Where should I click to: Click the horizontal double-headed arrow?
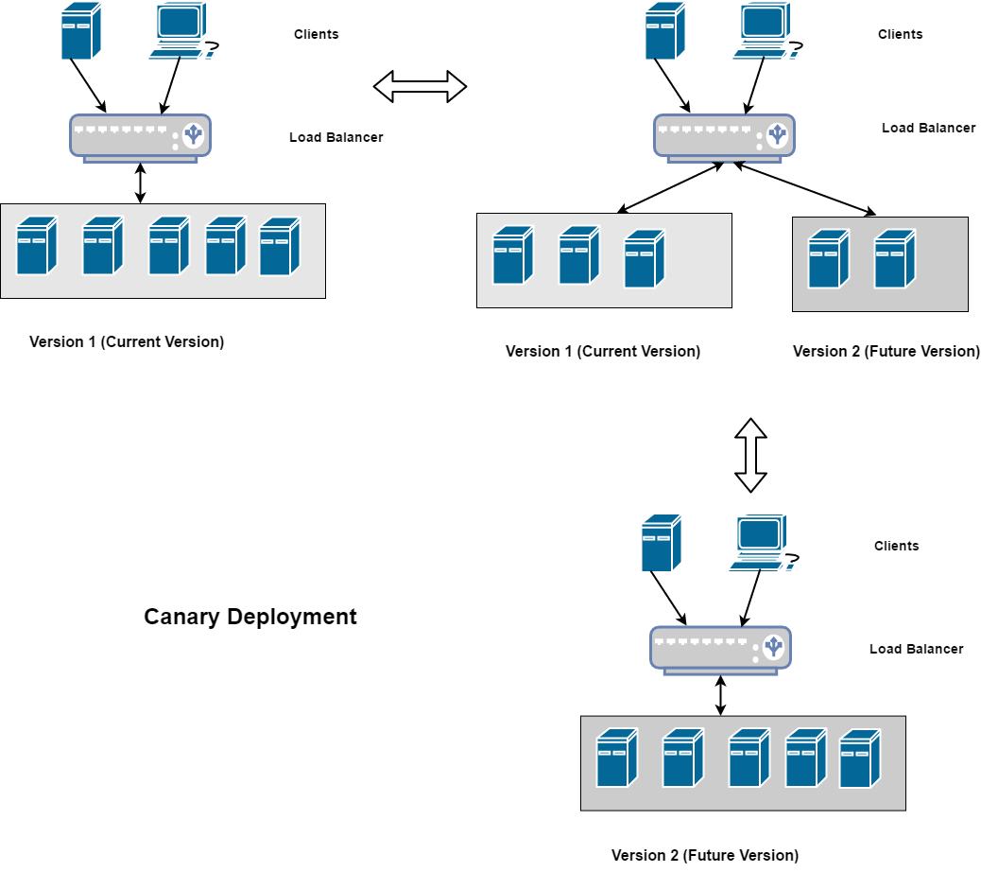pyautogui.click(x=420, y=86)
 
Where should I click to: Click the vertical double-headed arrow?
pyautogui.click(x=750, y=455)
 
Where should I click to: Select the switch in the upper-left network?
pyautogui.click(x=140, y=137)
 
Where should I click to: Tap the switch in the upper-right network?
pyautogui.click(x=724, y=137)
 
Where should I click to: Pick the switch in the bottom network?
pyautogui.click(x=720, y=649)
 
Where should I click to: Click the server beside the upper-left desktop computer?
pyautogui.click(x=80, y=32)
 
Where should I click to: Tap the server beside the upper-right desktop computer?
pyautogui.click(x=664, y=32)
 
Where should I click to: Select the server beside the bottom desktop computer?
pyautogui.click(x=661, y=544)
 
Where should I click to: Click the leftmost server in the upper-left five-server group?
pyautogui.click(x=36, y=246)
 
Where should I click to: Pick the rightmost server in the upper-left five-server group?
pyautogui.click(x=279, y=247)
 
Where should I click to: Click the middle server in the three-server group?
pyautogui.click(x=578, y=255)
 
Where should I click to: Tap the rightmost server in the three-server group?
pyautogui.click(x=644, y=258)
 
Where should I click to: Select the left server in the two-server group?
pyautogui.click(x=828, y=258)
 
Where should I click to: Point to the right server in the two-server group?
pyautogui.click(x=894, y=258)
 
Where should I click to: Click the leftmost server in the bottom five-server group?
pyautogui.click(x=616, y=758)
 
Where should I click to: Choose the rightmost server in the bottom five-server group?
pyautogui.click(x=859, y=759)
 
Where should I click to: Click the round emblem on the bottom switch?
pyautogui.click(x=774, y=647)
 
